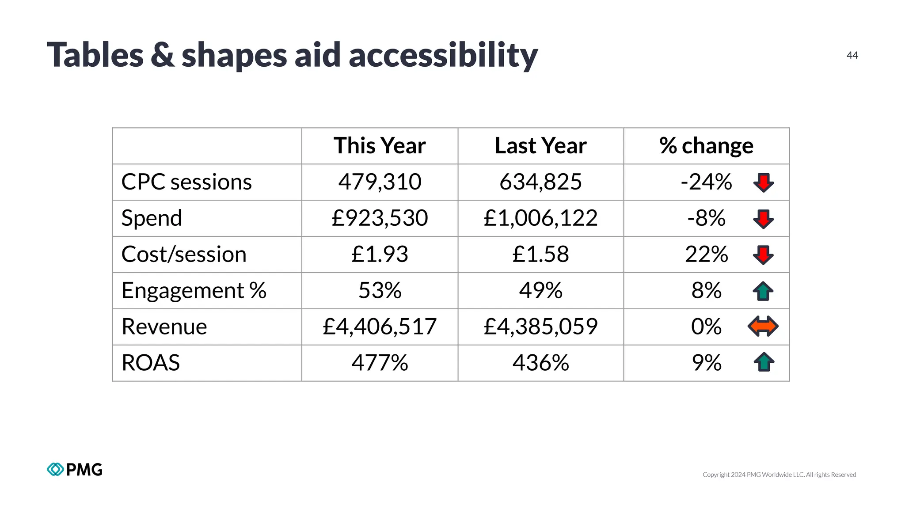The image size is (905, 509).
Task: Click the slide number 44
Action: [852, 55]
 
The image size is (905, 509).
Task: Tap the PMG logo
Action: [75, 469]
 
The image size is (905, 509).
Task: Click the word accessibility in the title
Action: [443, 55]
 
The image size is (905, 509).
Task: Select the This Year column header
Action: [380, 146]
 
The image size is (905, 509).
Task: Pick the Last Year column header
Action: [540, 146]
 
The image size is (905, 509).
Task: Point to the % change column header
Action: [706, 146]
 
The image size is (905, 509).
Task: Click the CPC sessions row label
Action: [186, 182]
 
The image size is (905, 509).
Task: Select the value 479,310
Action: [380, 182]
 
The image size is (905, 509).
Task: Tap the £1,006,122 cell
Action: [540, 218]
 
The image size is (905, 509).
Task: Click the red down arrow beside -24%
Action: [763, 182]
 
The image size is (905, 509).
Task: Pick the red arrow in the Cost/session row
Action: [763, 255]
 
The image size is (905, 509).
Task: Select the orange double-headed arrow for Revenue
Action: [763, 327]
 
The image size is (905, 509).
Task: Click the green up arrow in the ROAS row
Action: [763, 362]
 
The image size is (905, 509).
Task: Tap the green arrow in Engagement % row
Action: [763, 291]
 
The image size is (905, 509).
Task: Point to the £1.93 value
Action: [380, 254]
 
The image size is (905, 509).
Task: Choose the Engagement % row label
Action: [194, 291]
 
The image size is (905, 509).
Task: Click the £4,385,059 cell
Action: [540, 327]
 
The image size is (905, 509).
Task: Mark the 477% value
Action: [380, 363]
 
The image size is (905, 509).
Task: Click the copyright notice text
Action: [779, 475]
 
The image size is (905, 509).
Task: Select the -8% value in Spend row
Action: [706, 218]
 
